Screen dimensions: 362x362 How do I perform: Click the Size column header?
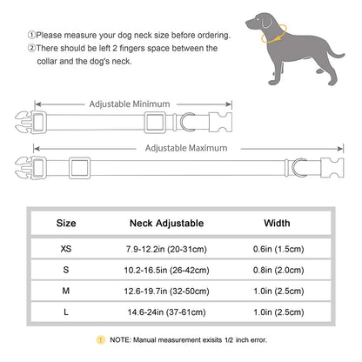click(x=66, y=222)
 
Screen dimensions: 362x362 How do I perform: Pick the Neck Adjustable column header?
click(x=178, y=222)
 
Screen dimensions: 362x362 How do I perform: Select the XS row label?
click(x=66, y=247)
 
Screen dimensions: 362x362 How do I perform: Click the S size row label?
click(x=66, y=270)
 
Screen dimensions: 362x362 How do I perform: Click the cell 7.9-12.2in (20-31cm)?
click(x=178, y=247)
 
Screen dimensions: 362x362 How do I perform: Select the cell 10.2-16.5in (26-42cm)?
click(x=178, y=270)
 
